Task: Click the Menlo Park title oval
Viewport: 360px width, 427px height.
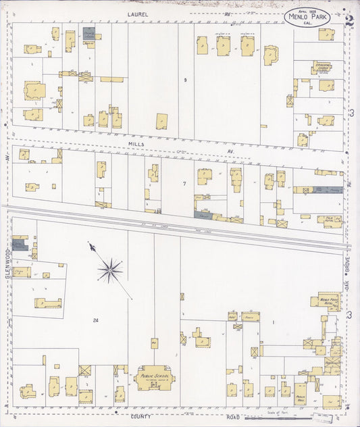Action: (307, 18)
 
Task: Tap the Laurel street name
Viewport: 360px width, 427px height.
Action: (137, 14)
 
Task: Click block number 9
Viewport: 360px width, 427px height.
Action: (184, 80)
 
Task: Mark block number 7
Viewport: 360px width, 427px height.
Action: (183, 183)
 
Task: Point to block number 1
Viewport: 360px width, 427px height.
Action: (273, 322)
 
